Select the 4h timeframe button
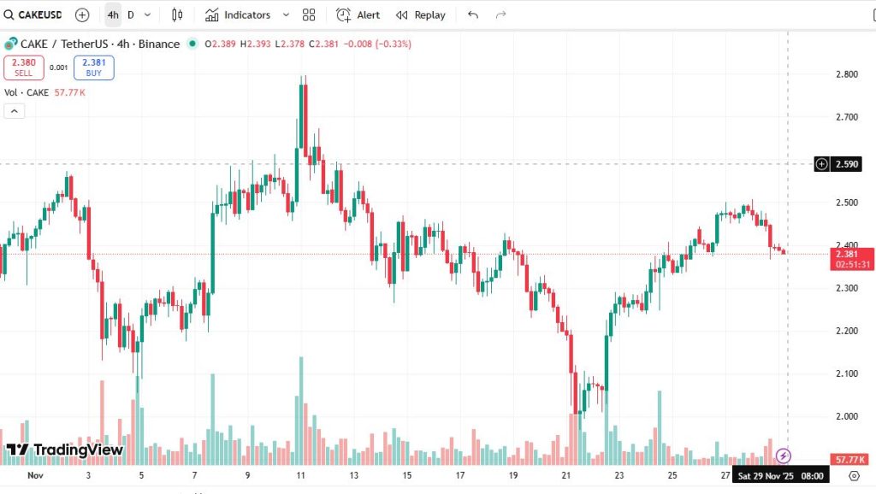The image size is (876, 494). coord(113,15)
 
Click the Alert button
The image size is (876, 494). coord(358,15)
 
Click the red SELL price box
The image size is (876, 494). coord(23,68)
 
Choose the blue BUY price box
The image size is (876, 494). coord(93,68)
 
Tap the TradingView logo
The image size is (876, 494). coord(65,450)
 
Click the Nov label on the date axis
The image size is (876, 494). coord(35,475)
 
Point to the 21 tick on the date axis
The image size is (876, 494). coord(566,475)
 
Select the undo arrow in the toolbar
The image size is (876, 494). coord(473,15)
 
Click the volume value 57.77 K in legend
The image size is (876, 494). coord(68,92)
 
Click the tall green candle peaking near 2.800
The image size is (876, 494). coord(302,120)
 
